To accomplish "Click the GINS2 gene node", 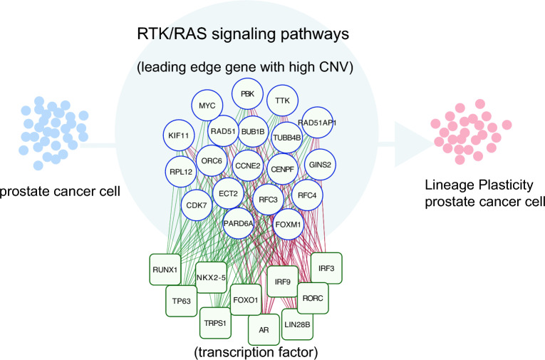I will pos(317,164).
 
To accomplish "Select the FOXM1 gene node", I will pos(290,224).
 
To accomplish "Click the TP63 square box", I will pos(181,301).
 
